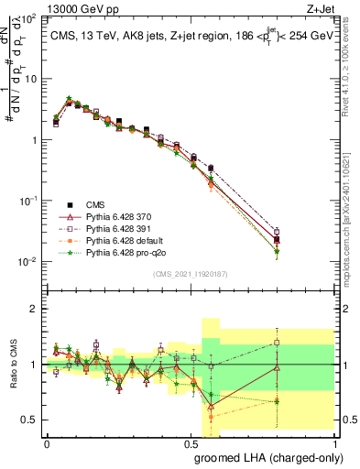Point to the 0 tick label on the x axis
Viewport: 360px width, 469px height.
(47, 442)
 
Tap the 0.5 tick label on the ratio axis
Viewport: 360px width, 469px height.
(30, 420)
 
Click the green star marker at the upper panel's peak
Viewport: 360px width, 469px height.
(69, 99)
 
